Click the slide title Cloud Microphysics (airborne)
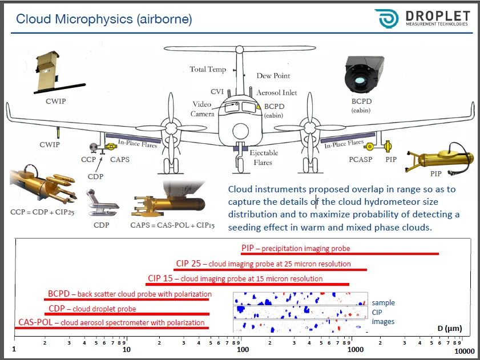point(104,19)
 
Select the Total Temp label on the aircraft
point(208,70)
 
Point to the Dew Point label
point(273,75)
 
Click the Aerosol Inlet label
point(276,92)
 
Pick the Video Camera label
point(203,109)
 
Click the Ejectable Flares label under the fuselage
point(264,157)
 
